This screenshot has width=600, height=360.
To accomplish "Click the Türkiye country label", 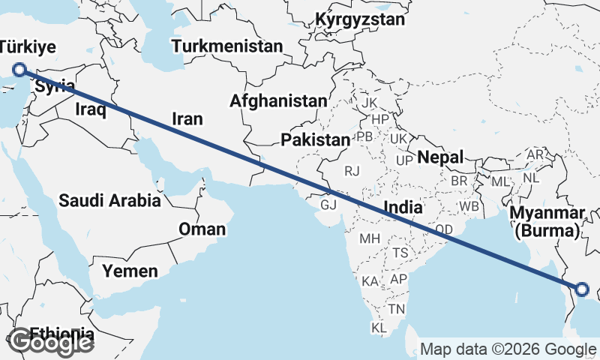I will pyautogui.click(x=28, y=47).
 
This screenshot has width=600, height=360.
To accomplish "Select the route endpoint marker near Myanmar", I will pyautogui.click(x=582, y=289).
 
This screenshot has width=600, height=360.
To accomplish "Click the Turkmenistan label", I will pyautogui.click(x=227, y=46).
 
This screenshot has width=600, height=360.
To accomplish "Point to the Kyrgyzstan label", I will pyautogui.click(x=361, y=19).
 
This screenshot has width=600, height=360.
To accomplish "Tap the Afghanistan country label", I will pyautogui.click(x=279, y=100).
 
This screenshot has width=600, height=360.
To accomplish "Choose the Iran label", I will pyautogui.click(x=187, y=118).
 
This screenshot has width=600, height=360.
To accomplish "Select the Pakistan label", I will pyautogui.click(x=315, y=140).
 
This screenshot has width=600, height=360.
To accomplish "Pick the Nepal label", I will pyautogui.click(x=440, y=157).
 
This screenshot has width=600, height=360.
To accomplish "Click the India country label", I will pyautogui.click(x=404, y=206).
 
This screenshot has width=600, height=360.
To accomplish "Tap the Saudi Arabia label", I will pyautogui.click(x=109, y=200).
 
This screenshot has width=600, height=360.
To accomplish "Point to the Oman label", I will pyautogui.click(x=201, y=229).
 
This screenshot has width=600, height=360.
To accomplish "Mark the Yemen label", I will pyautogui.click(x=130, y=270).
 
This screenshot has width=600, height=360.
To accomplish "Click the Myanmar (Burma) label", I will pyautogui.click(x=547, y=222).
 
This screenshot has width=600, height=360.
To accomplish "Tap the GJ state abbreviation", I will pyautogui.click(x=328, y=204).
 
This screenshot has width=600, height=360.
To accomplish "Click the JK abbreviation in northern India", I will pyautogui.click(x=369, y=103).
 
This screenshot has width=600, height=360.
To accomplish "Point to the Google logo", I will pyautogui.click(x=51, y=342).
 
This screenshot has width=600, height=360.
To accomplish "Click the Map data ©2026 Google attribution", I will pyautogui.click(x=508, y=349).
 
